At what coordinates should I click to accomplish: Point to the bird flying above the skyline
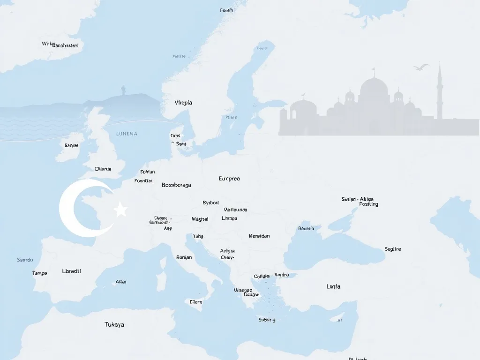coord(421,67)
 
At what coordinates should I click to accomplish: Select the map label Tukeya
coord(114,324)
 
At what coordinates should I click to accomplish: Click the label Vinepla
coord(183,103)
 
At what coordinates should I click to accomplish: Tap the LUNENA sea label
coord(127,134)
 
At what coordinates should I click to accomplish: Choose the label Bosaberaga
coord(176,185)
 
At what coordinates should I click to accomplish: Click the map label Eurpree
coord(229,179)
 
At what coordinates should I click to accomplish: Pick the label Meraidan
coord(259,236)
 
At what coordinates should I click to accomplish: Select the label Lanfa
coord(333,286)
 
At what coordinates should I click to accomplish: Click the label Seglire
coord(393,249)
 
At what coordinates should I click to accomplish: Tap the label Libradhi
coord(71,271)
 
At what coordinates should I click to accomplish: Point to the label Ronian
coord(184,257)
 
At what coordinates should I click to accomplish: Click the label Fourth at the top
coord(226,10)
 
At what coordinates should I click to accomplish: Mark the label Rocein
coord(306,228)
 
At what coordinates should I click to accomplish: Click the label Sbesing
coord(267,320)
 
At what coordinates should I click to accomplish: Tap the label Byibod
coord(210,202)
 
